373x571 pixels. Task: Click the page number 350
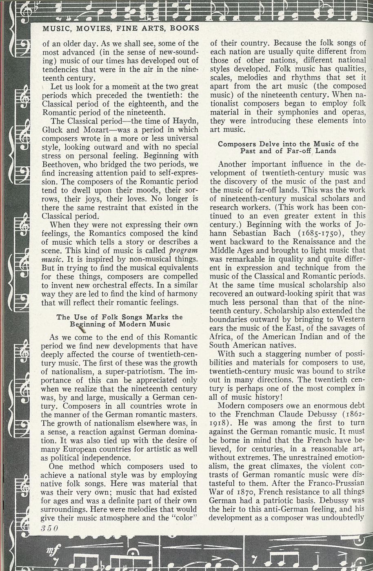(50, 528)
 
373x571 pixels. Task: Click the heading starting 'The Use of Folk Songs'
(120, 321)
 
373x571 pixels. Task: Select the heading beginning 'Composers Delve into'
(288, 147)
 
